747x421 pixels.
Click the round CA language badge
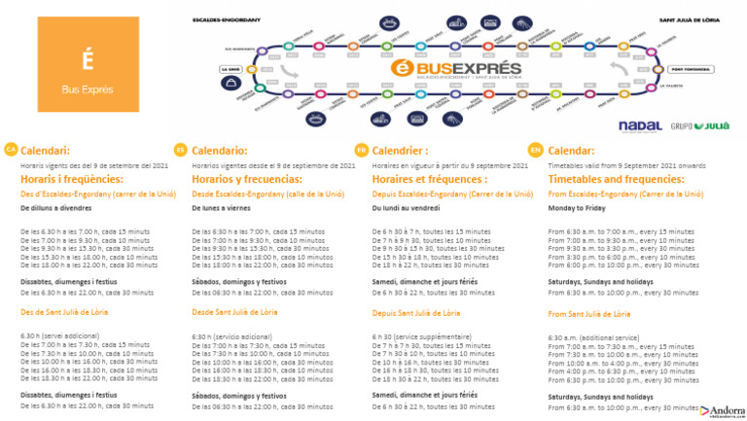tap(11, 150)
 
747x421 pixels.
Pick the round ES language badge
tap(179, 150)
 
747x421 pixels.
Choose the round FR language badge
tap(361, 150)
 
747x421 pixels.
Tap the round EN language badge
tap(535, 150)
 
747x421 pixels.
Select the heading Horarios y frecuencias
tap(250, 180)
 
